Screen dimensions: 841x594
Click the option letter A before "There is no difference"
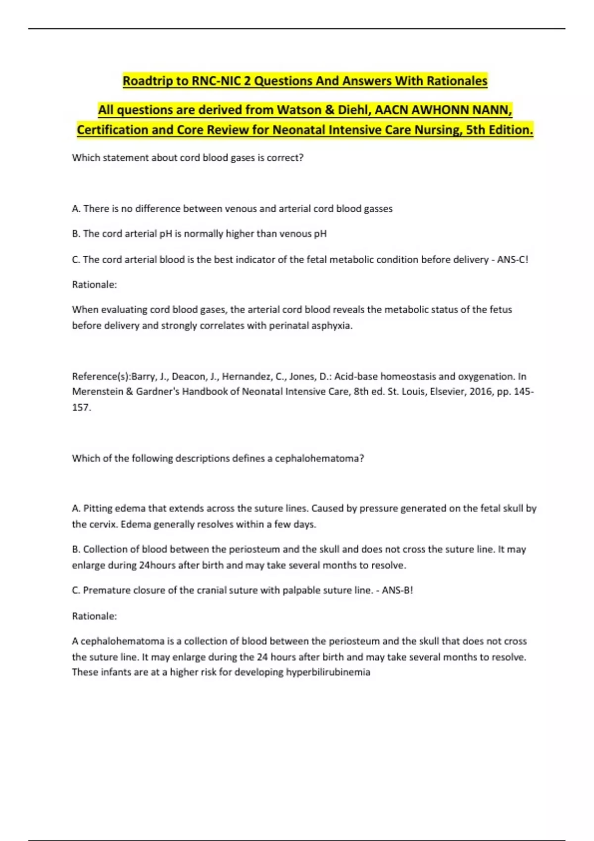click(76, 209)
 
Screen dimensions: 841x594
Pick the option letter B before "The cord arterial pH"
click(76, 234)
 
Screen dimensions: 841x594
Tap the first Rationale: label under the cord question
click(94, 284)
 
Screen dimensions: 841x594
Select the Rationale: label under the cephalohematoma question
click(94, 616)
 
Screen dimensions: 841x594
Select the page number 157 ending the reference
click(80, 407)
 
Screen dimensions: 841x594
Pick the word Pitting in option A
click(98, 508)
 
